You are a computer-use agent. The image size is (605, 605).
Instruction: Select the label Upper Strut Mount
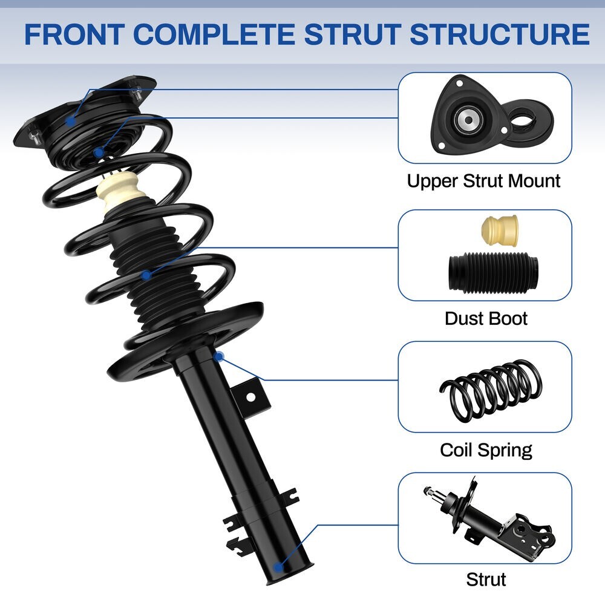click(483, 180)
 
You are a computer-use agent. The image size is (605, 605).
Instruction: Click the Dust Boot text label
click(486, 318)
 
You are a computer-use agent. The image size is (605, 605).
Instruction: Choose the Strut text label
click(485, 579)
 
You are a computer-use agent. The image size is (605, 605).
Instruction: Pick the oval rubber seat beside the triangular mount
click(526, 121)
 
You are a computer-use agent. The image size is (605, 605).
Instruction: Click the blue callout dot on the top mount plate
click(71, 120)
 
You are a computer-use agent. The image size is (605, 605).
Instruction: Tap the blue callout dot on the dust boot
click(146, 275)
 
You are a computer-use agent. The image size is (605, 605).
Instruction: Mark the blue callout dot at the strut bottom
click(278, 567)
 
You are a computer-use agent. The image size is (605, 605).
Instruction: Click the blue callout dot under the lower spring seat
click(219, 356)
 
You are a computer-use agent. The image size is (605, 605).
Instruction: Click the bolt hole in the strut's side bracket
click(248, 397)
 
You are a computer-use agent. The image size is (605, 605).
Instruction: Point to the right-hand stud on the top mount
click(139, 94)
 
